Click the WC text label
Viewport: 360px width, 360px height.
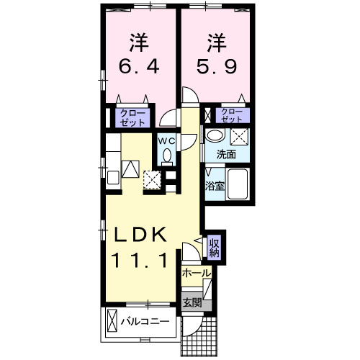(167, 140)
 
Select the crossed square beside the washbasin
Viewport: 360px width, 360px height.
(238, 137)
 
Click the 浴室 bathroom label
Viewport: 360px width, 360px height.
(215, 186)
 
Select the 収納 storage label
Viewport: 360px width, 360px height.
(215, 248)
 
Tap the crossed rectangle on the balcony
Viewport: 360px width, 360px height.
(113, 319)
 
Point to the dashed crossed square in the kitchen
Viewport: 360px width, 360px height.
(152, 179)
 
